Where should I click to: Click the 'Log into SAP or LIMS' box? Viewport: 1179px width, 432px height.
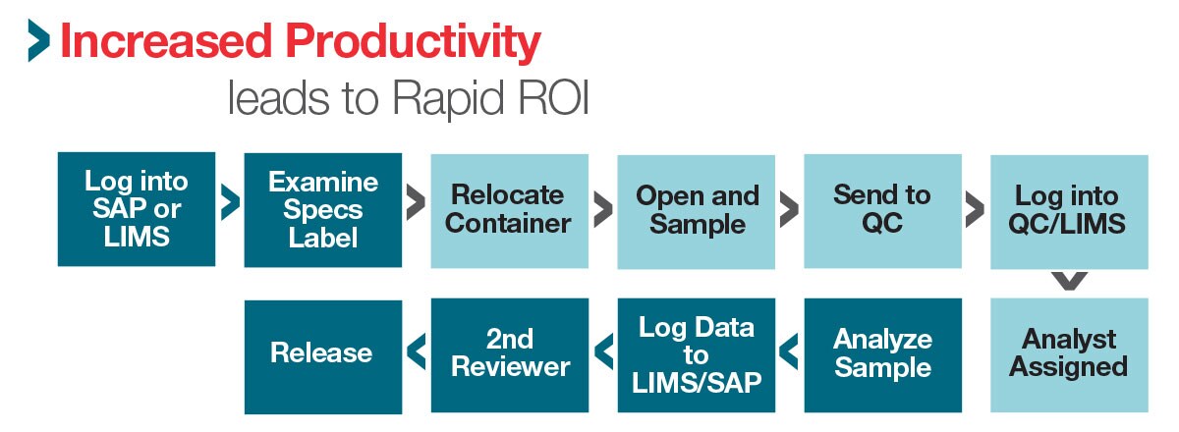(137, 209)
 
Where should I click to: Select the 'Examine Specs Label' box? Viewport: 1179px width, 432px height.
(322, 209)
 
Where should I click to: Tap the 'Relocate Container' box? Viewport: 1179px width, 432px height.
(509, 210)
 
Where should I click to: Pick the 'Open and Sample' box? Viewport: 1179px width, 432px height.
(696, 210)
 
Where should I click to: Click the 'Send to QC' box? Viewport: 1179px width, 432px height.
(882, 210)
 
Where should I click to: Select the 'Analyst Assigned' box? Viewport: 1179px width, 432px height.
(1069, 354)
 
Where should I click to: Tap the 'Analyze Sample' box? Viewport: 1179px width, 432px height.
(882, 354)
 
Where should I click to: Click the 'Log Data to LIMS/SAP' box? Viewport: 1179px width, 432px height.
(696, 354)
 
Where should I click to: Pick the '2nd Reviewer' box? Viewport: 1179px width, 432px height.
(509, 354)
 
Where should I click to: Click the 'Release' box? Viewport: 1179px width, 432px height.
(322, 354)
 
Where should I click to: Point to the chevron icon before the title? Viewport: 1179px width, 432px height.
(38, 40)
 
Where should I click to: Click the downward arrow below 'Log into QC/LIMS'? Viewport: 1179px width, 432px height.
(1069, 281)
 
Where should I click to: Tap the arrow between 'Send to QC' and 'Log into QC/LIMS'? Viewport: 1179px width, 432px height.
(975, 209)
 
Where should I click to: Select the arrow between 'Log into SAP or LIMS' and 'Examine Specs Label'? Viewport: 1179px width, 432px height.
(230, 203)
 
